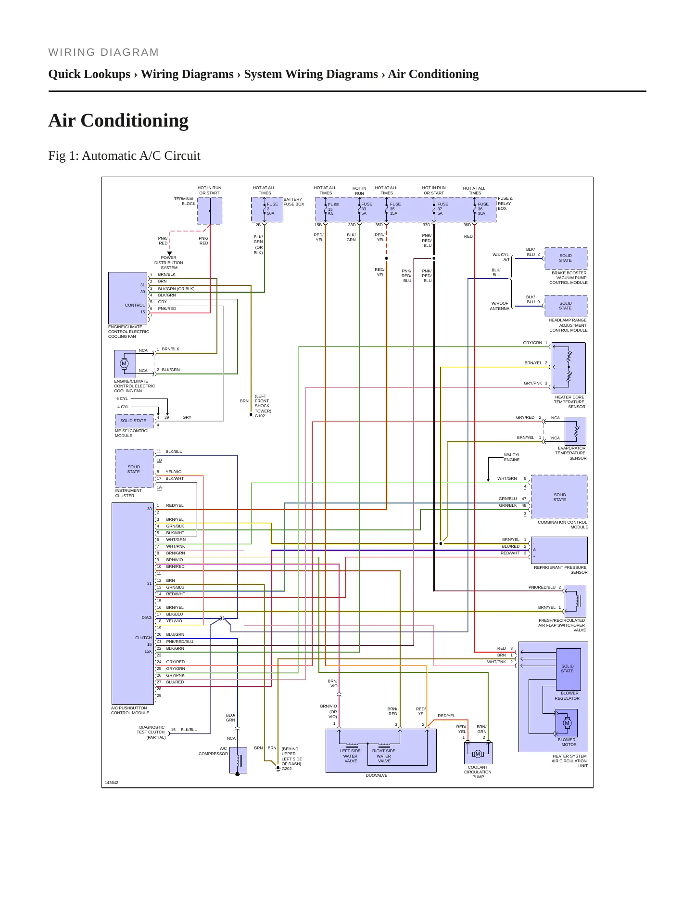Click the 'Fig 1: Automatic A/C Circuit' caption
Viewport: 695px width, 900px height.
tap(124, 156)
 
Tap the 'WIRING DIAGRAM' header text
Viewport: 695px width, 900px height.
tap(103, 52)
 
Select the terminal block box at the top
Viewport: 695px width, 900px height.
tap(210, 211)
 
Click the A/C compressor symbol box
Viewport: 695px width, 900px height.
tap(238, 760)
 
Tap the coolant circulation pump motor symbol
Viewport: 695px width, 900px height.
tap(478, 754)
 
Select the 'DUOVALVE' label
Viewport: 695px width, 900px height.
tap(377, 775)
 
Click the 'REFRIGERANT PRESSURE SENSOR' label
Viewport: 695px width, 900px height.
tap(561, 570)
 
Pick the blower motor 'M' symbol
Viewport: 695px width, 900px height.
tap(567, 723)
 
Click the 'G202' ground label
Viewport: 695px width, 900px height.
tap(287, 769)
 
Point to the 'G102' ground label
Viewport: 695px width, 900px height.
tap(260, 416)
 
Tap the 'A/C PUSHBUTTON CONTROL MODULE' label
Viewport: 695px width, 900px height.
tap(130, 710)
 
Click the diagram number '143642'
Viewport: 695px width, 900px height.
tap(112, 783)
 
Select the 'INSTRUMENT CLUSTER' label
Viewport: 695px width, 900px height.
tap(128, 493)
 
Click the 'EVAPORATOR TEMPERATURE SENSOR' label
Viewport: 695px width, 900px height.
tap(571, 453)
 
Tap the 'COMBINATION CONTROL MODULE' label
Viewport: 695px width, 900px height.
tap(563, 525)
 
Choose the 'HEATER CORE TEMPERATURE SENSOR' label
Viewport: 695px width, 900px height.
tap(569, 402)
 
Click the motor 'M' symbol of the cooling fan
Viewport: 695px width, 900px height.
tap(125, 363)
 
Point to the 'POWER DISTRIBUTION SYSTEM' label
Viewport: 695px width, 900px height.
tap(169, 263)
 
